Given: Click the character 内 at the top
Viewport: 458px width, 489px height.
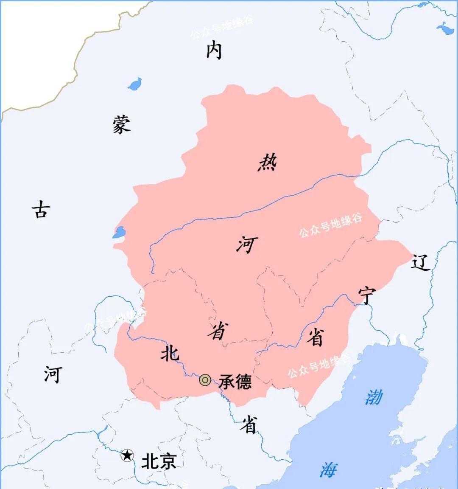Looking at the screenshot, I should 214,51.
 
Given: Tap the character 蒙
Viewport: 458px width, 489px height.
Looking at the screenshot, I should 122,124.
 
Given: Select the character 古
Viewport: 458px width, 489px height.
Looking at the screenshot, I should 41,209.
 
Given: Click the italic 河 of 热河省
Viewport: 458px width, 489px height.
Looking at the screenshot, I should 247,245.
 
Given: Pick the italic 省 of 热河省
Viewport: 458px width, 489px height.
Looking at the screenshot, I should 218,331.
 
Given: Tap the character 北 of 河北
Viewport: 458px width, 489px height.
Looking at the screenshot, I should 170,352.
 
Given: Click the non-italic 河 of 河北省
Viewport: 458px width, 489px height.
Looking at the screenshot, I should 53,374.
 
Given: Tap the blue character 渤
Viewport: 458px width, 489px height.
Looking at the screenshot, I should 374,397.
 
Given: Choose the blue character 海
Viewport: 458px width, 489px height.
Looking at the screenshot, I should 329,469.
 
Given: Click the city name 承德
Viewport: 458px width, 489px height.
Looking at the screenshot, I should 235,382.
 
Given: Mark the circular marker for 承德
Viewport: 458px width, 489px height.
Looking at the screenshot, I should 205,380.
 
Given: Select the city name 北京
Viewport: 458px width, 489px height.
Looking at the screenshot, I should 159,461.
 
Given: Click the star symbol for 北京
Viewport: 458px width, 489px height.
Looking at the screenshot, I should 127,456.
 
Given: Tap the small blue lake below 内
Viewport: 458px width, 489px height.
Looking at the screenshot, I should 135,84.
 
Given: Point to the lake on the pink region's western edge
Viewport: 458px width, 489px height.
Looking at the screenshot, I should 119,232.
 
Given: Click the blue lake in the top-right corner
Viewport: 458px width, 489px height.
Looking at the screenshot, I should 445,29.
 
